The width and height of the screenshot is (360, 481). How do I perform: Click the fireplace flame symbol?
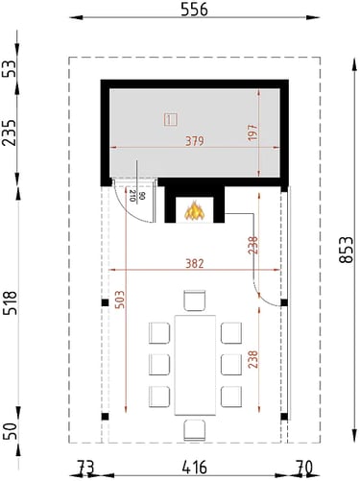pos(194,210)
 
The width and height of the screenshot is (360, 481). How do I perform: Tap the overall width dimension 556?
pos(194,10)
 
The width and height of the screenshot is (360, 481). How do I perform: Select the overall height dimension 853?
pos(347,250)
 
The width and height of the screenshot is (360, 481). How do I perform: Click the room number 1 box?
pos(171,120)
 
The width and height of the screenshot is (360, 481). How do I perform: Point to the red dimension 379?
pos(195,141)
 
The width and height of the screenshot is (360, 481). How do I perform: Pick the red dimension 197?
pos(252,132)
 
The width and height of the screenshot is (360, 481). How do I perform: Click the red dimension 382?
pos(195,264)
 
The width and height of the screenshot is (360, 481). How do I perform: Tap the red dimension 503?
pos(119,300)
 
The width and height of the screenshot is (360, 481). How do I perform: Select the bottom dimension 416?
pos(194,468)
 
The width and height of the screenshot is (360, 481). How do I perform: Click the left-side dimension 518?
pos(10,302)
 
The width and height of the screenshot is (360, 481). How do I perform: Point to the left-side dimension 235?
pos(10,132)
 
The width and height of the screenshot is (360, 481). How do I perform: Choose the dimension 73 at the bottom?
pos(85,468)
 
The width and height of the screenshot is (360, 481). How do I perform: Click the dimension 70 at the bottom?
pos(303,468)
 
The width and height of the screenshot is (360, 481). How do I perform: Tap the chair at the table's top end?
pos(195,301)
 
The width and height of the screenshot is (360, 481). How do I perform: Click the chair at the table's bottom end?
pos(195,430)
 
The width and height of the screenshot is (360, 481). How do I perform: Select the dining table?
pos(195,365)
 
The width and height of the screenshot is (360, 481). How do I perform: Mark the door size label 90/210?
pos(137,196)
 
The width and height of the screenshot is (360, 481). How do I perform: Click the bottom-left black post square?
pos(105,417)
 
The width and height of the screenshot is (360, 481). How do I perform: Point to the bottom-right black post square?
pos(284,417)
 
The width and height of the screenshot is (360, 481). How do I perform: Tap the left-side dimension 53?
pos(10,69)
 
